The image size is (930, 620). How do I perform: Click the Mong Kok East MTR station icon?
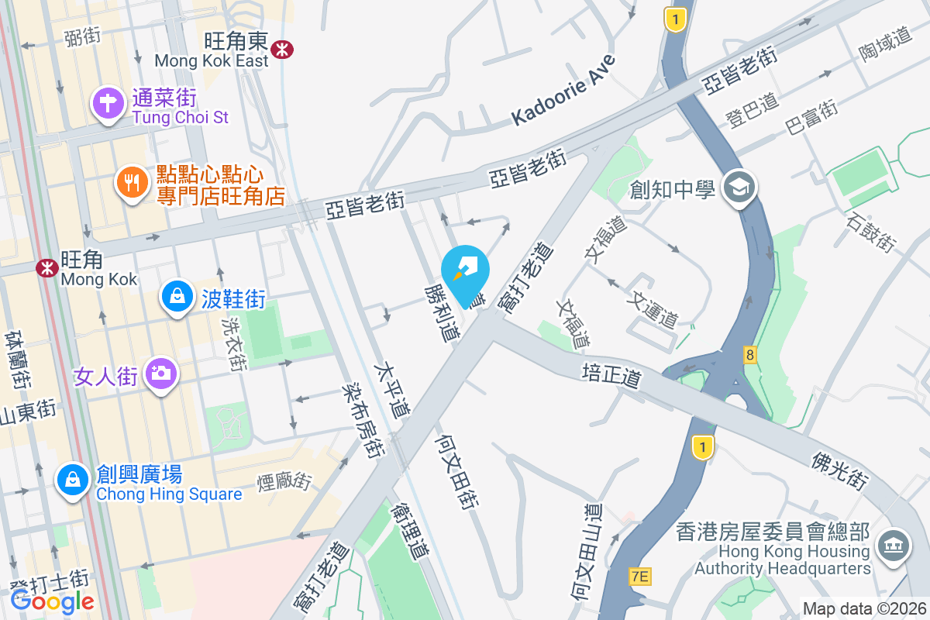(x=283, y=50)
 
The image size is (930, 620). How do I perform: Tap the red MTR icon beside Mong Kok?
(x=47, y=268)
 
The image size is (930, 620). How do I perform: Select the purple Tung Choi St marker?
(x=108, y=103)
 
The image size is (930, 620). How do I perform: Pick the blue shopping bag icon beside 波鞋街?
(x=177, y=297)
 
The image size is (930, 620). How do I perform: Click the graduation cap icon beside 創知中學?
(x=739, y=187)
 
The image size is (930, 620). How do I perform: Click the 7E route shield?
(x=639, y=576)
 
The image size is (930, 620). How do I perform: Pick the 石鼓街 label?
(x=872, y=232)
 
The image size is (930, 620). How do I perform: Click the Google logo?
(x=53, y=601)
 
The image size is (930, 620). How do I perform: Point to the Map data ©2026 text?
(x=864, y=608)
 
